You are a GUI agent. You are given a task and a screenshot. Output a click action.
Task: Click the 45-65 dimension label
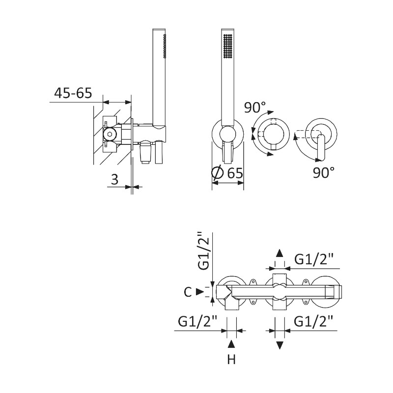73,93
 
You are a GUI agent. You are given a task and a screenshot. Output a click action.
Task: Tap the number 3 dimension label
114,179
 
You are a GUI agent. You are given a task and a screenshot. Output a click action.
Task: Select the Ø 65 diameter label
227,172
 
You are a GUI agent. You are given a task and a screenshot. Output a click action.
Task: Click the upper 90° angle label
255,107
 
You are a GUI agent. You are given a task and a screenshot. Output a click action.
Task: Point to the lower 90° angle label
324,173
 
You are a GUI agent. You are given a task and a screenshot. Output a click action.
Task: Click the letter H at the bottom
231,360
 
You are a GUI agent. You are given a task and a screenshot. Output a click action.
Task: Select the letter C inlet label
188,292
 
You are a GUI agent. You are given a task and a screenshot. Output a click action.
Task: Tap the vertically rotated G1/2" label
203,251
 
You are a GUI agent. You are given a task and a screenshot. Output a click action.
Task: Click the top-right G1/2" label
314,259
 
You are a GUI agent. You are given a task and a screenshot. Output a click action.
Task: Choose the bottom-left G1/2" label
197,321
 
